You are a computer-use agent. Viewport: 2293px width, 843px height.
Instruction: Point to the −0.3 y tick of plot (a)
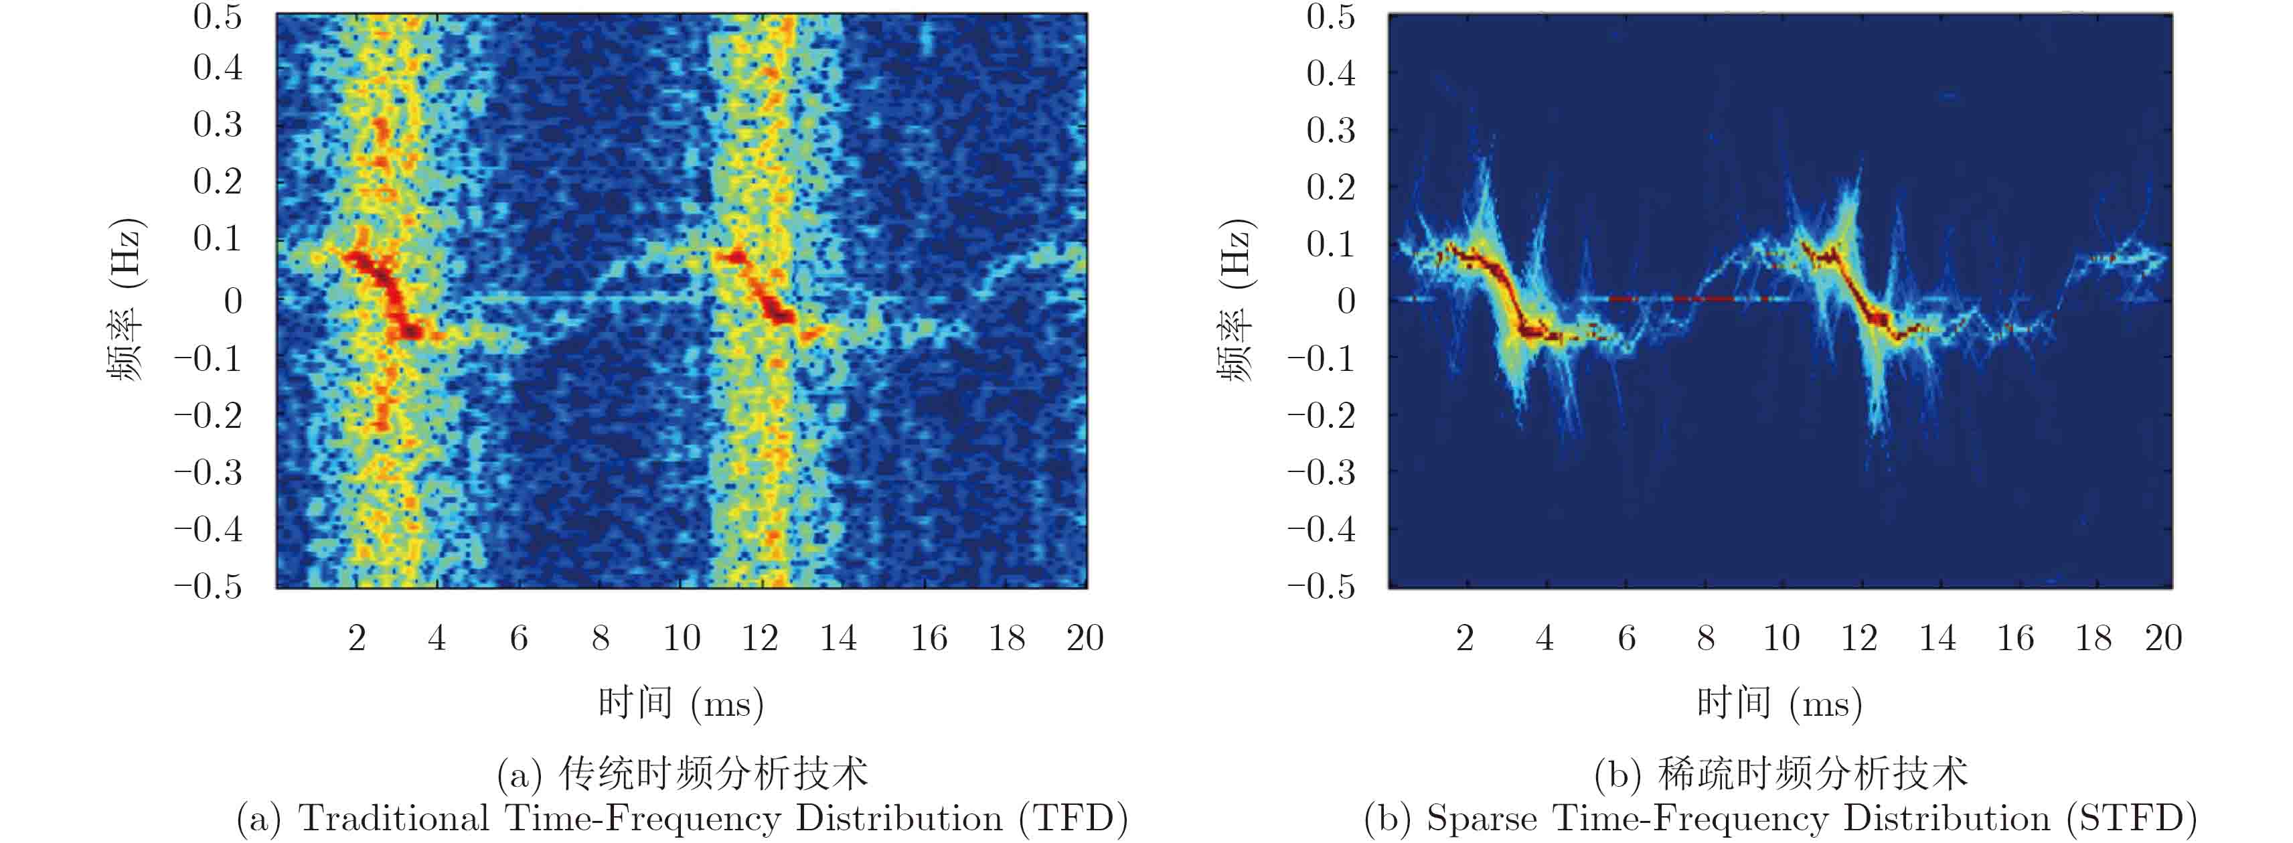(x=208, y=472)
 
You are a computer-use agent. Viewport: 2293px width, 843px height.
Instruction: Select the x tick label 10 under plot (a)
(x=681, y=637)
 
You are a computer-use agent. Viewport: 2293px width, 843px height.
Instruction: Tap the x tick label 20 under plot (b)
(x=2162, y=637)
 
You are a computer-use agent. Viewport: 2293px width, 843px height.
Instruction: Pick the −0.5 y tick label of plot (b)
(x=1321, y=586)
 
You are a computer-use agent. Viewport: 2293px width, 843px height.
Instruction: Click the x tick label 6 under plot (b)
(x=1626, y=637)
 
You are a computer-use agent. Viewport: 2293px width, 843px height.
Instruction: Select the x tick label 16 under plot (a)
(x=929, y=637)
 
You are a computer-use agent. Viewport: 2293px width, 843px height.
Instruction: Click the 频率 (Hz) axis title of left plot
(x=125, y=299)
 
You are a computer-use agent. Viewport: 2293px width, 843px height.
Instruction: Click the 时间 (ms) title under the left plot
(x=681, y=703)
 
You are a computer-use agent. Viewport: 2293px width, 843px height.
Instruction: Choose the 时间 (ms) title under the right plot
(x=1780, y=703)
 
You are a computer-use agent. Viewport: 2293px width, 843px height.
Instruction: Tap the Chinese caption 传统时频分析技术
(x=713, y=773)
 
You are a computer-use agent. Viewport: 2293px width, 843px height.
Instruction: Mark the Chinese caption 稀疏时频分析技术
(x=1812, y=773)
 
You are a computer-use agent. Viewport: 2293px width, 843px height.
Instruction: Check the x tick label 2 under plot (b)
(x=1464, y=637)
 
